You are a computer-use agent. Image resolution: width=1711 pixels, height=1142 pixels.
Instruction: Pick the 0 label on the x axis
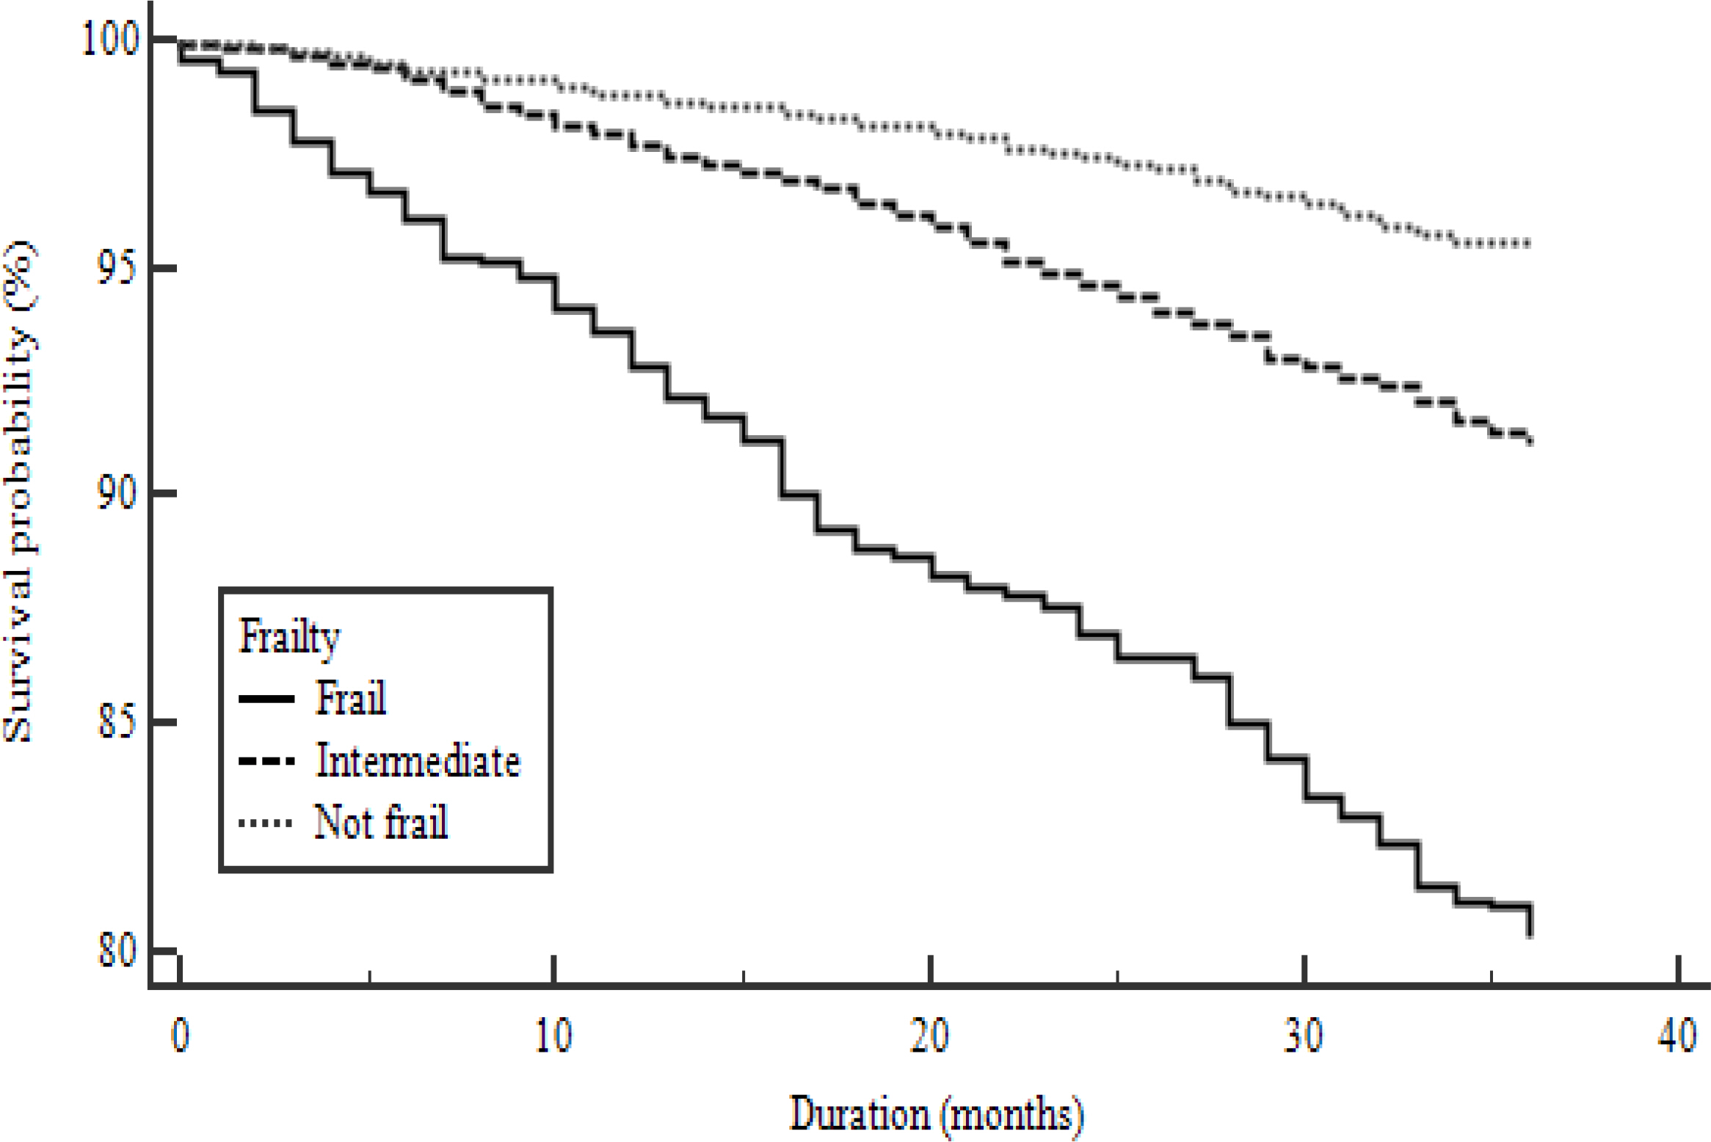tap(180, 1036)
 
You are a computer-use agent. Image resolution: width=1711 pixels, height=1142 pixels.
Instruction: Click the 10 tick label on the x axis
tap(553, 1036)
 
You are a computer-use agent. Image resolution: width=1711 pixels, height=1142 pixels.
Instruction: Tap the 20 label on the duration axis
tap(929, 1036)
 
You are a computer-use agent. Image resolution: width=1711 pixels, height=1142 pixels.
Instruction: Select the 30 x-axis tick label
tap(1304, 1036)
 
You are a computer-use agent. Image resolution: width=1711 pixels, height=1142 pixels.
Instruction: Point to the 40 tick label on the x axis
tap(1678, 1036)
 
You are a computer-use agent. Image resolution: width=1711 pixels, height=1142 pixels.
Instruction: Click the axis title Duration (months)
tap(937, 1114)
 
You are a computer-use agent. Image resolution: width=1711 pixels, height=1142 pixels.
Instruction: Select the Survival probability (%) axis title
tap(19, 492)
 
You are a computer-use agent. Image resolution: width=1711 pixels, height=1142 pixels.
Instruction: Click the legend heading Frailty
tap(289, 636)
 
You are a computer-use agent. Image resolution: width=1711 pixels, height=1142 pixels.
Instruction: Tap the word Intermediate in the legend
tap(418, 760)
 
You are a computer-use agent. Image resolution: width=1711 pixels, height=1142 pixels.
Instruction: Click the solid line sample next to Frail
tap(266, 699)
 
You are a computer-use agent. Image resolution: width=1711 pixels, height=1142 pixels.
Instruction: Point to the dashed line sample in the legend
tap(266, 762)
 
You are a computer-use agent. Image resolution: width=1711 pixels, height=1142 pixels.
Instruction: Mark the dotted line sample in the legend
tap(266, 823)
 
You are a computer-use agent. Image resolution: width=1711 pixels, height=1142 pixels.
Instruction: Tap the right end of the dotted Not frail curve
tap(1528, 244)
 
